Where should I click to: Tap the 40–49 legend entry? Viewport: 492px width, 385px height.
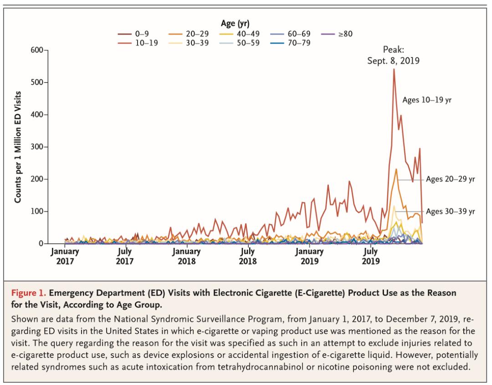click(x=248, y=33)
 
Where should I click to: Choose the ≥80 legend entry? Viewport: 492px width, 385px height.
click(x=344, y=33)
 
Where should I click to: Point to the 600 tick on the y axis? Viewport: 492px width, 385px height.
click(x=36, y=50)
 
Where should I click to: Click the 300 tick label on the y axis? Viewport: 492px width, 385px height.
click(x=36, y=147)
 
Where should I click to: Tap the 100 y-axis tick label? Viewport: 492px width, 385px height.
click(x=36, y=211)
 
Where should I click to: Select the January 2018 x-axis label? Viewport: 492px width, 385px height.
click(x=186, y=257)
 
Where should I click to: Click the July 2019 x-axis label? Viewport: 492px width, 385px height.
click(x=371, y=257)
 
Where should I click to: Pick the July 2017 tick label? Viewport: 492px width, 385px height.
click(x=124, y=257)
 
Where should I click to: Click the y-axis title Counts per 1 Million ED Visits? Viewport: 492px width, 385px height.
click(x=20, y=147)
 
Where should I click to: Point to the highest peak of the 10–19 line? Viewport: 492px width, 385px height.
click(x=394, y=69)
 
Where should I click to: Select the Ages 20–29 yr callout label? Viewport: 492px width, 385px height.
click(x=450, y=179)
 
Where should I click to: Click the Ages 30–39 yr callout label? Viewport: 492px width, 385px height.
click(x=450, y=211)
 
